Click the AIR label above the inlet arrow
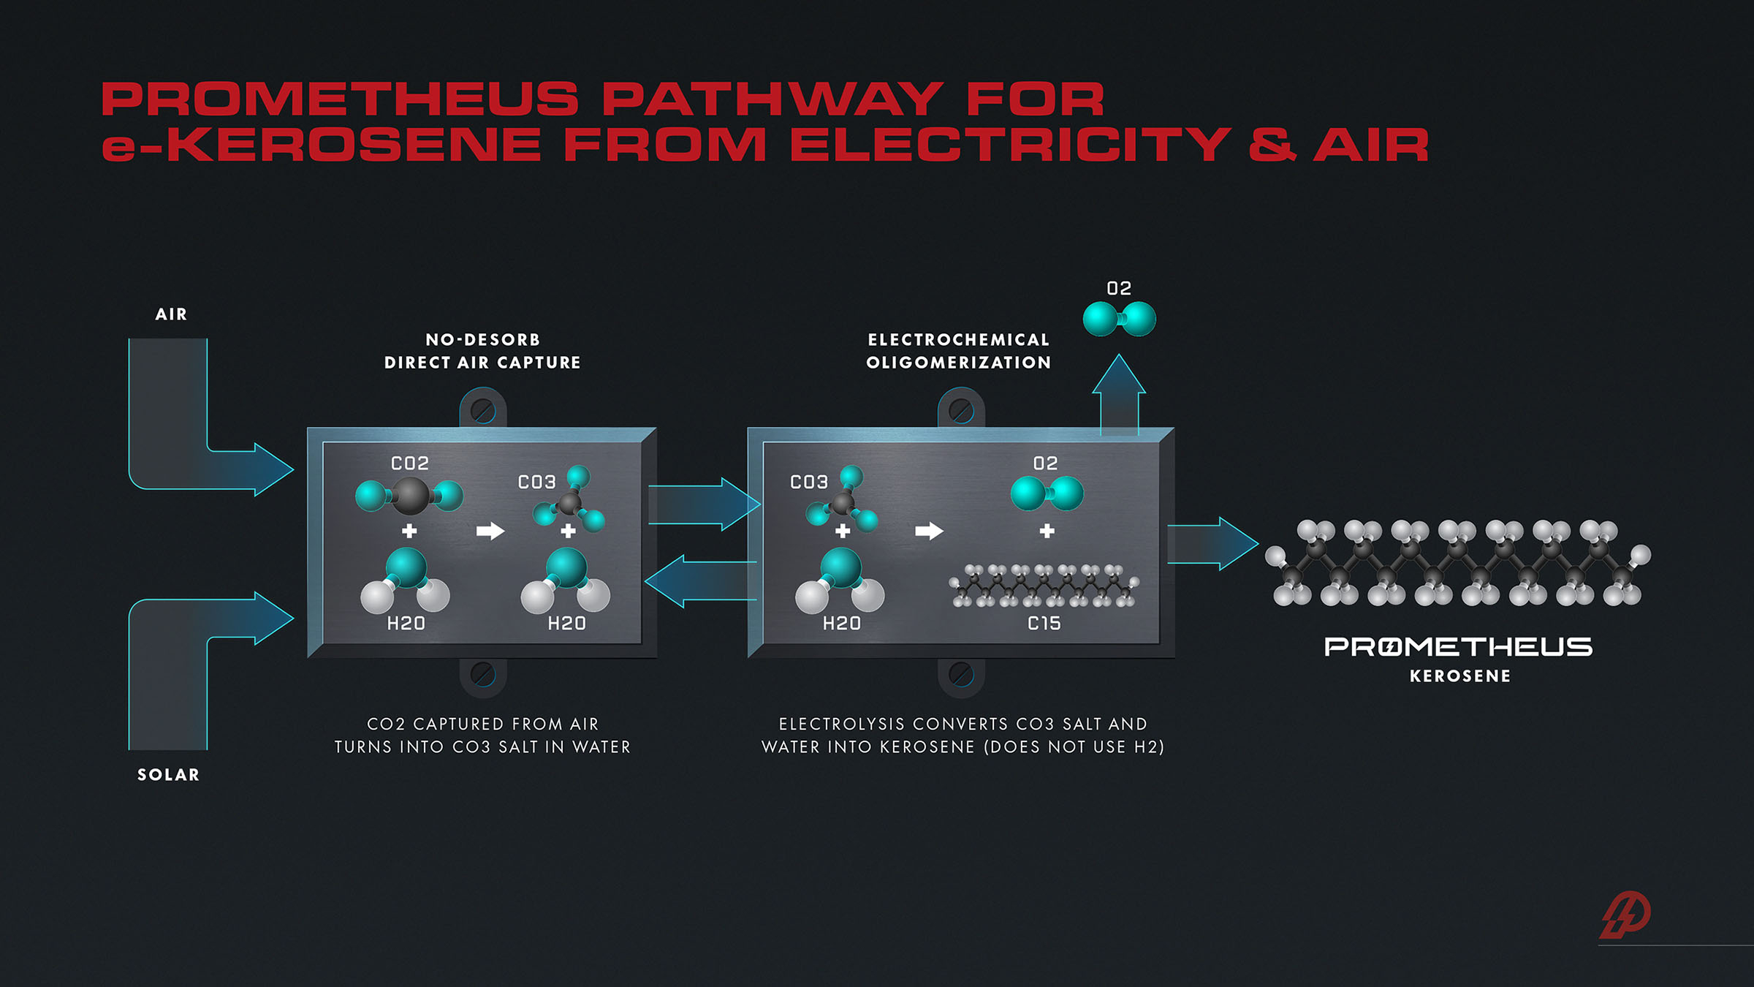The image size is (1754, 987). (x=171, y=314)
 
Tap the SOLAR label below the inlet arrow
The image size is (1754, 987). (x=168, y=775)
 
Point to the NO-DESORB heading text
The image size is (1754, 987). (x=482, y=340)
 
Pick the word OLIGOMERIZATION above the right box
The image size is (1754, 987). (x=958, y=363)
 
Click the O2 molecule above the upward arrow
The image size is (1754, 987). (x=1119, y=319)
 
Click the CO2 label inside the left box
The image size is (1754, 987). (x=410, y=464)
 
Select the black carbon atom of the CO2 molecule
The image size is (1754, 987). (x=410, y=496)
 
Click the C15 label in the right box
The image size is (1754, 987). (x=1044, y=624)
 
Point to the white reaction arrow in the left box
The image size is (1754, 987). (x=490, y=531)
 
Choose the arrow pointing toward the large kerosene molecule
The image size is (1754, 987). (x=1213, y=544)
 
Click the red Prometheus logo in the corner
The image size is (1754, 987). (x=1625, y=915)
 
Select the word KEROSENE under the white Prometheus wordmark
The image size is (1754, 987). (x=1459, y=676)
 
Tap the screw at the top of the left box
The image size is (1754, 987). (x=482, y=410)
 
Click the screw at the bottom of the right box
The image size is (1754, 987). (x=961, y=674)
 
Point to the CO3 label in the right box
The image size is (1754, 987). (x=808, y=483)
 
